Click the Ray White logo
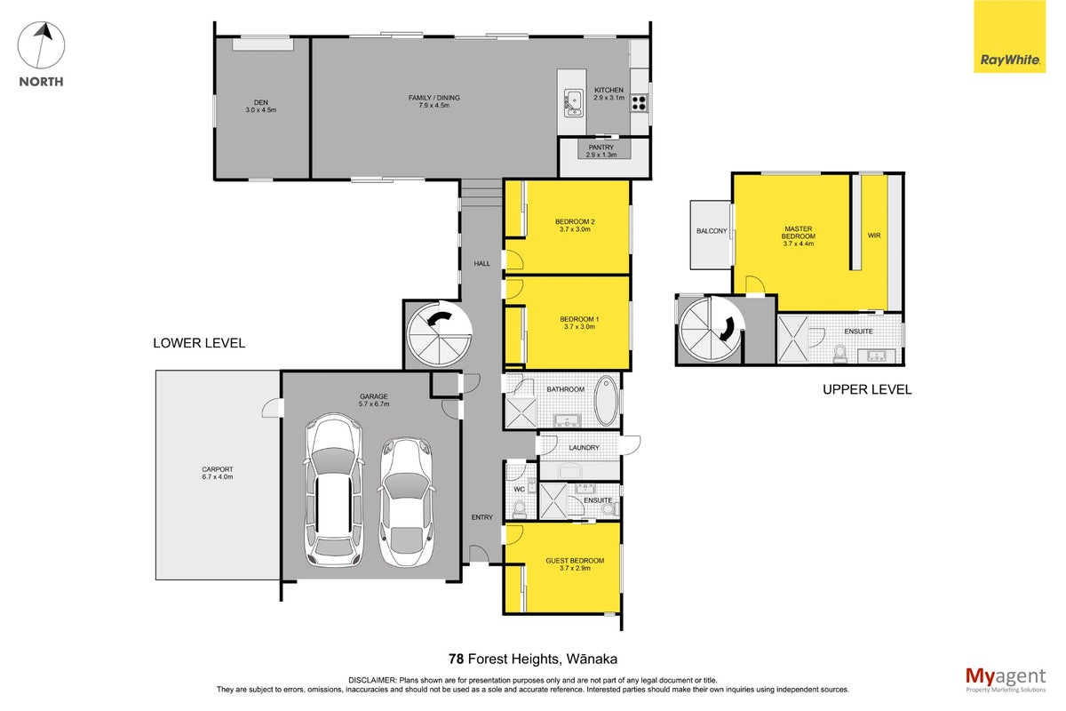tap(1009, 36)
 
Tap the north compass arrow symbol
tap(42, 45)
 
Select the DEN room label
tap(261, 102)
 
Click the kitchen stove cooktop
tap(639, 103)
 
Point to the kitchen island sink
tap(574, 102)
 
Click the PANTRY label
tap(601, 148)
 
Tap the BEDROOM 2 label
tap(575, 221)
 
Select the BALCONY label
tap(712, 231)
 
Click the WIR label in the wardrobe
tap(874, 236)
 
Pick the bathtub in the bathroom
tap(606, 401)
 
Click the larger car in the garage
tap(334, 490)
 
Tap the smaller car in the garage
tap(407, 502)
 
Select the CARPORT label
tap(218, 469)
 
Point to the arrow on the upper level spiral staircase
tap(728, 329)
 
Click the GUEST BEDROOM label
tap(575, 561)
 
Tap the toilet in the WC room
tap(519, 509)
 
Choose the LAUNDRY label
tap(584, 448)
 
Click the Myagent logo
tap(1006, 680)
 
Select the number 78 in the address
tap(456, 659)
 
